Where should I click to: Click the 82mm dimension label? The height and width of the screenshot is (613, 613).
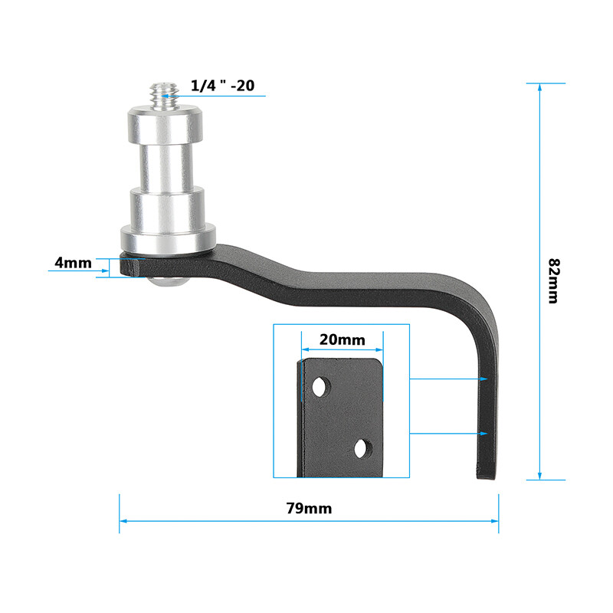552,280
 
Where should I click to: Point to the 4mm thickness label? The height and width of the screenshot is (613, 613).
73,263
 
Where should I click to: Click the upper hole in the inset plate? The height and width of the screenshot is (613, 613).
320,385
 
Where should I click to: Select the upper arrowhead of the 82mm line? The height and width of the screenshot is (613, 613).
540,87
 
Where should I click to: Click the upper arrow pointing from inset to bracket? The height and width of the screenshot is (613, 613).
484,379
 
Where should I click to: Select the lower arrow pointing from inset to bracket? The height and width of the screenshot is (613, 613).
484,434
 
